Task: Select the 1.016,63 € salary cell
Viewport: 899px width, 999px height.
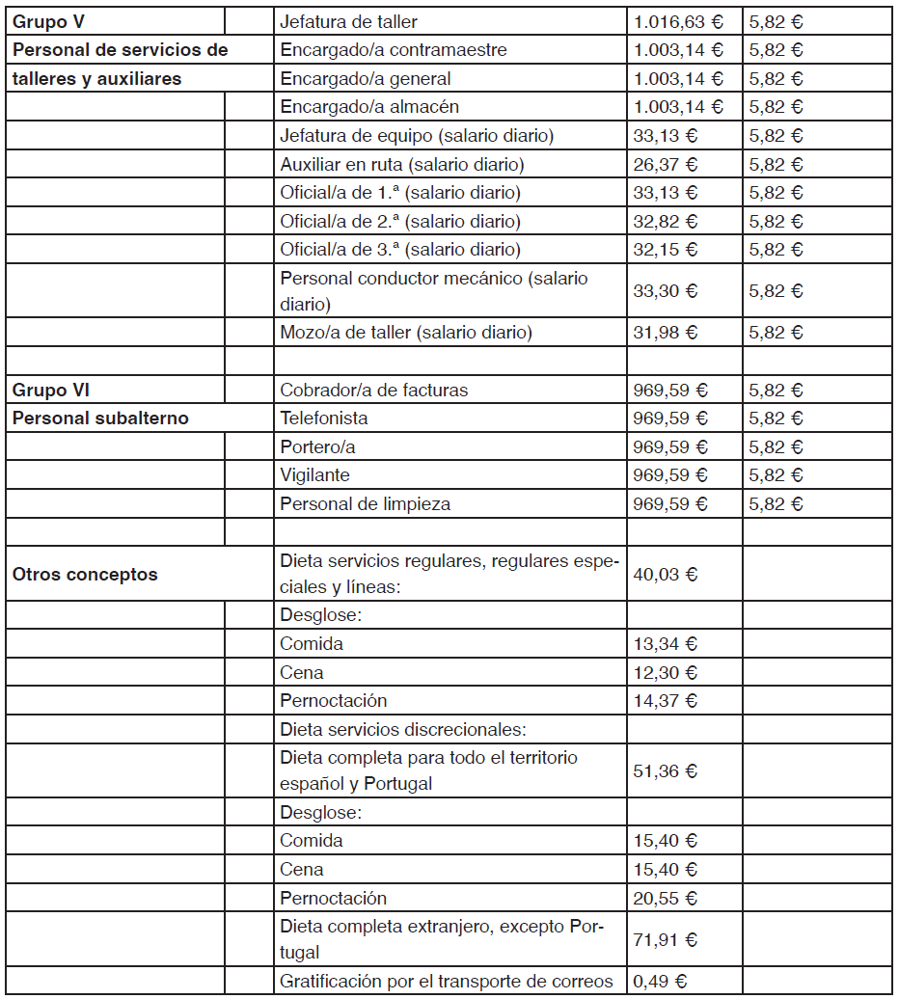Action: coord(678,21)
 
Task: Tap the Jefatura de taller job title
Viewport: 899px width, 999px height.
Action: coord(348,21)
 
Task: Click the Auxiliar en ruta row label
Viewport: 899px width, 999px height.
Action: coord(402,164)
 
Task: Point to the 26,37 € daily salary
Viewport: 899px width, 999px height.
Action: coord(666,164)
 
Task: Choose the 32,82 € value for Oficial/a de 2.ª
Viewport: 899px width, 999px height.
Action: coord(666,221)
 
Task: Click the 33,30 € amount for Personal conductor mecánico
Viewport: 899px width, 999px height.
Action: coord(666,290)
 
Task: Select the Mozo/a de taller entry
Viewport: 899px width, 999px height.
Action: coord(406,333)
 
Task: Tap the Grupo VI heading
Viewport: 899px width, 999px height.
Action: coord(51,391)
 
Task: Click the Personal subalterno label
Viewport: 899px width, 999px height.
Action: coord(100,418)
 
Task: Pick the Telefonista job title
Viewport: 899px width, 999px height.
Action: coord(324,418)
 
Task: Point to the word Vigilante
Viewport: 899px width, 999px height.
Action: coord(315,475)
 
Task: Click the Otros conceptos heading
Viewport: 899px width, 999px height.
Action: coord(85,574)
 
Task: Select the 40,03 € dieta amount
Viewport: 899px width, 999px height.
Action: coord(666,574)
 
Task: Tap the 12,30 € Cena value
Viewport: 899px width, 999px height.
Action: coord(666,672)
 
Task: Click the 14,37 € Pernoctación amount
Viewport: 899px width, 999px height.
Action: coord(666,700)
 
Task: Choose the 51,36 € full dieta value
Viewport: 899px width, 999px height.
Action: coord(666,770)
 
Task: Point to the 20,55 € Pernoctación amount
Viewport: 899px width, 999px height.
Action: coord(666,898)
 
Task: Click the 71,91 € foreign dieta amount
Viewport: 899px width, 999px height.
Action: coord(666,939)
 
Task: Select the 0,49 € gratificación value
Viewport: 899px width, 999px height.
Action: coord(661,982)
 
